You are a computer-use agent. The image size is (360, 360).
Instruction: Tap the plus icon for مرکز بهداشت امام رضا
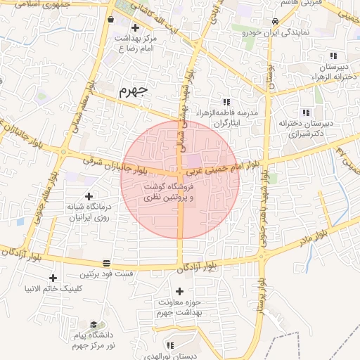coord(135,27)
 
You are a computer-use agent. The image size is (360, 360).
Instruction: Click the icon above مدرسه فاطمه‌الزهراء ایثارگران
coord(226,102)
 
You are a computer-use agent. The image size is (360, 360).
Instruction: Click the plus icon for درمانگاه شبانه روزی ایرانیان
coord(88,197)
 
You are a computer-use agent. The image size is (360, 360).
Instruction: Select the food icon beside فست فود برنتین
coord(106,263)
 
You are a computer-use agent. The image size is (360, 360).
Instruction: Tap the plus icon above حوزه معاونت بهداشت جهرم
coord(179,291)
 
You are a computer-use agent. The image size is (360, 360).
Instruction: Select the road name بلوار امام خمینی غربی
coord(221,167)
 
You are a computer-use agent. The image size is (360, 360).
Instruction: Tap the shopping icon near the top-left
coord(111,20)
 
